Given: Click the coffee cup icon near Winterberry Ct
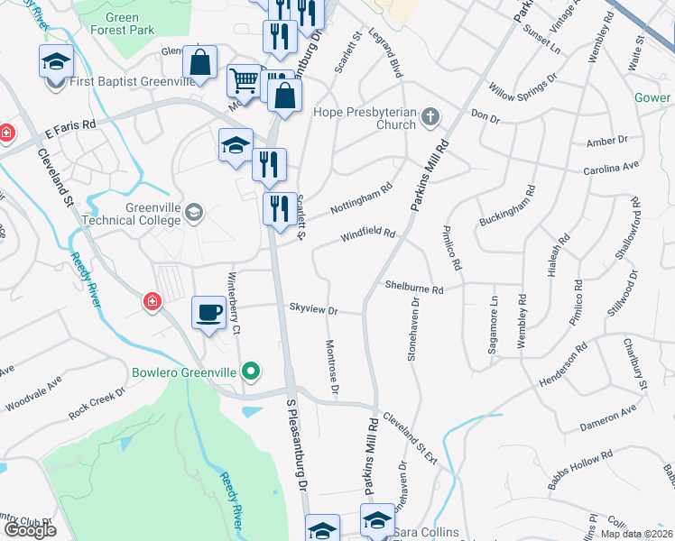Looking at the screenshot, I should click(209, 312).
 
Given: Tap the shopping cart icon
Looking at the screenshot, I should click(244, 81).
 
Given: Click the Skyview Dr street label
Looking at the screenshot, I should click(313, 309).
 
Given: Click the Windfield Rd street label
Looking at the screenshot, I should click(368, 235).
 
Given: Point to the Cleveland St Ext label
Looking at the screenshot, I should click(410, 438).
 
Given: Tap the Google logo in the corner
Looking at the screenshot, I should click(30, 530).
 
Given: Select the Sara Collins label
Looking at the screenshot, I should click(430, 532).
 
